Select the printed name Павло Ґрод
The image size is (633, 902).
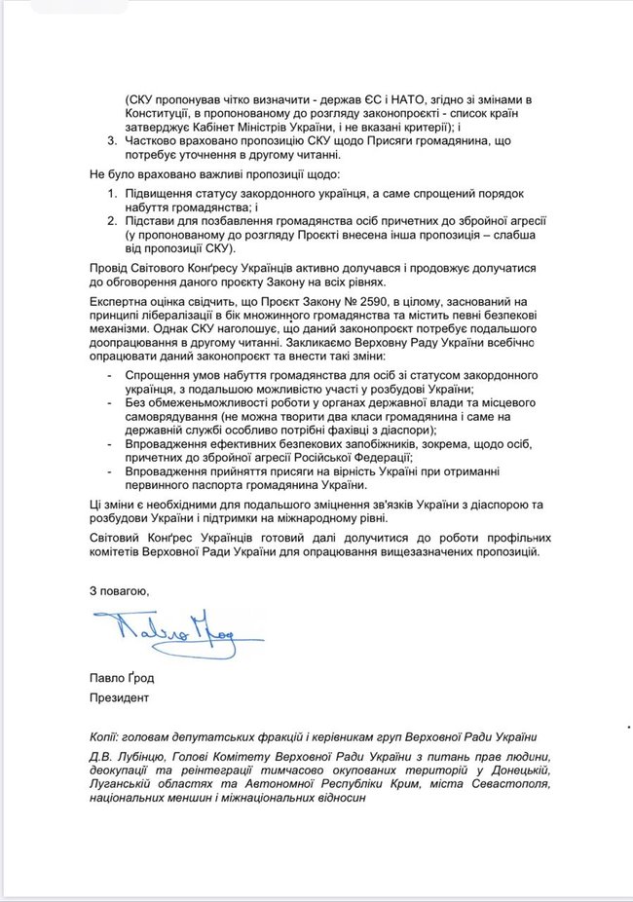click(x=122, y=678)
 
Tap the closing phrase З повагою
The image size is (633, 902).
click(x=120, y=590)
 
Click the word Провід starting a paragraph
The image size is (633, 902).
click(x=109, y=267)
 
